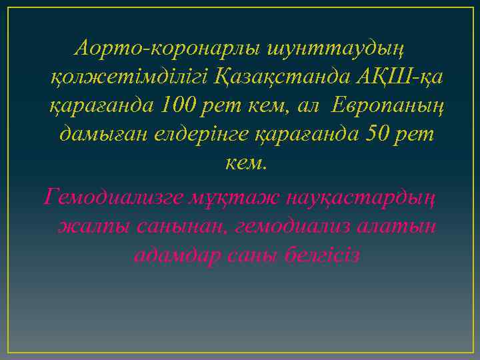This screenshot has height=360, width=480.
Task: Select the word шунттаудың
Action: [339, 49]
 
